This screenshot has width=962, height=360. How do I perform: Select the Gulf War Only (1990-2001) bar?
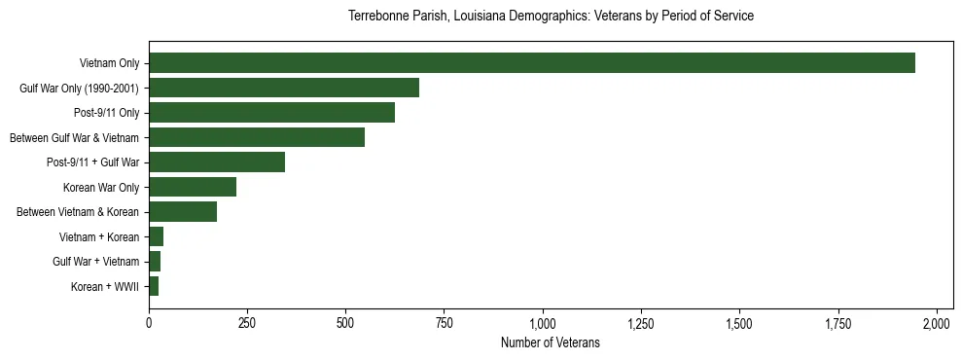284,88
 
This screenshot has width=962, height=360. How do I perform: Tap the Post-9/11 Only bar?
271,113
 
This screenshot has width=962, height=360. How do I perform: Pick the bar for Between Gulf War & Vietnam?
257,137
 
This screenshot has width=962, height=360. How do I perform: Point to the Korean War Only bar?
193,187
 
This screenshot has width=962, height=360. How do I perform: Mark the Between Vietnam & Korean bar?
183,212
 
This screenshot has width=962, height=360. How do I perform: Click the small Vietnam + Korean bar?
156,236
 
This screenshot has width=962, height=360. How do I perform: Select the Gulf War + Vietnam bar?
155,262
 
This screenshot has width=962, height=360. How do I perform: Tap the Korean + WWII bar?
154,286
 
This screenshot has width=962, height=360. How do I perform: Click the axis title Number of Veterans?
550,343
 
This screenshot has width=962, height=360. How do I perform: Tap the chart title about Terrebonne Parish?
551,17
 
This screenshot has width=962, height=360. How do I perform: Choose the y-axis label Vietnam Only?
109,64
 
